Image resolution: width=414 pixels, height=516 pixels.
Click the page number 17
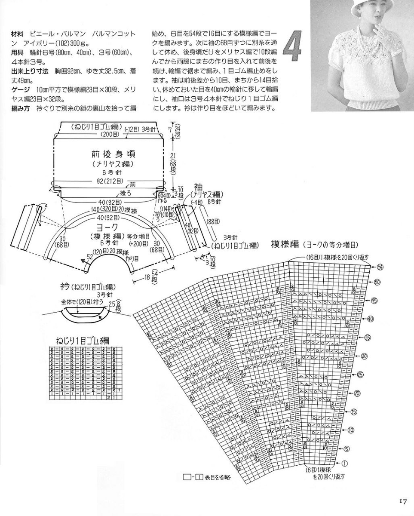pos(402,501)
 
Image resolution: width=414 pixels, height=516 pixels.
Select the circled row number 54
pos(380,267)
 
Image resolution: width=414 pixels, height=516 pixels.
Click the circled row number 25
pos(360,375)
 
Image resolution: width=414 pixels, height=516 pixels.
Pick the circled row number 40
pos(370,319)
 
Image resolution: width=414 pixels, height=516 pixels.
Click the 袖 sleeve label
pos(198,187)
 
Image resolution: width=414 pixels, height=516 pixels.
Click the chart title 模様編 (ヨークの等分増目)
pos(314,244)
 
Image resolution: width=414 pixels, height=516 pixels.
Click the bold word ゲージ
pos(20,89)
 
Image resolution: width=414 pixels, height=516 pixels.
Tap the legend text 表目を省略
pos(218,477)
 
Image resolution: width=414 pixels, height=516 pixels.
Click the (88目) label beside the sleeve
pos(213,221)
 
